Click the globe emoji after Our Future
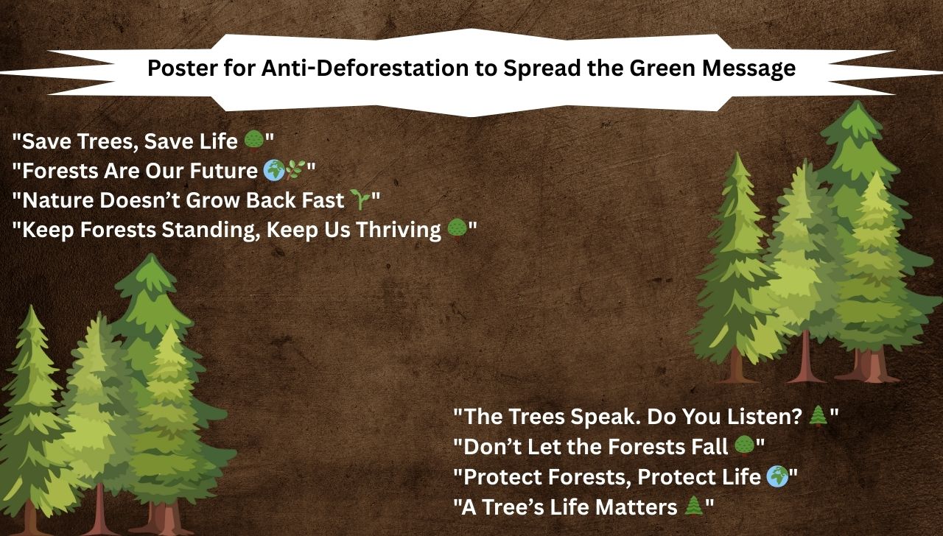coord(273,171)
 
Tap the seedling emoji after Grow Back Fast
coord(359,200)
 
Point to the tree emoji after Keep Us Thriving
coord(457,229)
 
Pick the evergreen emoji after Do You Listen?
coord(818,417)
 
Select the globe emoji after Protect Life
coord(777,476)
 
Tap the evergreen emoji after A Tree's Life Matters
coord(693,507)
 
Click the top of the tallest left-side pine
coord(151,256)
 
